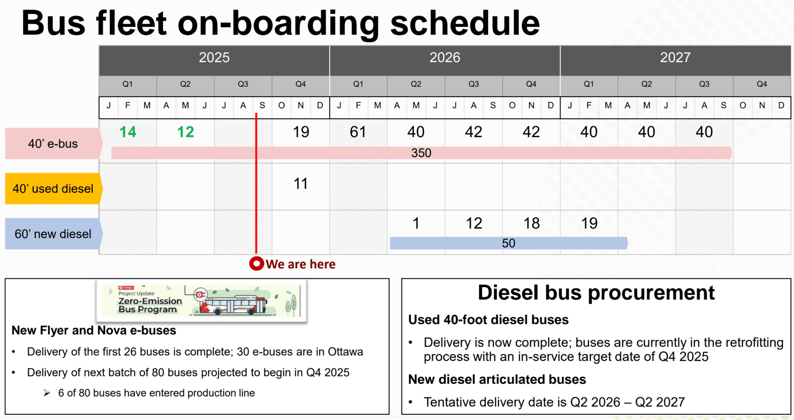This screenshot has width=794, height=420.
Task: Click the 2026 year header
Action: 445,58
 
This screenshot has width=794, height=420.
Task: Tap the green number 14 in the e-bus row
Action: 128,132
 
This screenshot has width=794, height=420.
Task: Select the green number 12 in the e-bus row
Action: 185,132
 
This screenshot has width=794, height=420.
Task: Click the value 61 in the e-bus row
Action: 358,132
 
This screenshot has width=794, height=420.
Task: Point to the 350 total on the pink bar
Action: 421,153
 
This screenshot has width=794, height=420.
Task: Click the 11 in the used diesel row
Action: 300,184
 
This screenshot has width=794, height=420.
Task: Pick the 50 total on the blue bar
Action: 509,243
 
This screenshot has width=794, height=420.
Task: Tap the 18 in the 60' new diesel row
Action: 532,223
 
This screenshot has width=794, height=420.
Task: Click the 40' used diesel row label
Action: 53,189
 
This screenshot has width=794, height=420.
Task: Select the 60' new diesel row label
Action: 53,234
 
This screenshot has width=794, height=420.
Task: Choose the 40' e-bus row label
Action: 53,143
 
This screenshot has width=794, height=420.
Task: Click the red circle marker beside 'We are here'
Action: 257,264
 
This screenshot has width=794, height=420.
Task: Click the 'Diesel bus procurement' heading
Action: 596,292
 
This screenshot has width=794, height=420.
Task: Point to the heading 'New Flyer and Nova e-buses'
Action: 94,330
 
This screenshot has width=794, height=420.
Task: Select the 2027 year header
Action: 675,58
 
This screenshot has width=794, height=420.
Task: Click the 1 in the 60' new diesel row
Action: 416,223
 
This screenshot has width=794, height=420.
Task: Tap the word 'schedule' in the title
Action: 465,23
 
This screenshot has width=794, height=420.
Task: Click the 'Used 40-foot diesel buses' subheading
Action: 488,320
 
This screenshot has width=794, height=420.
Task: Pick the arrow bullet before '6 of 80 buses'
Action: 47,393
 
